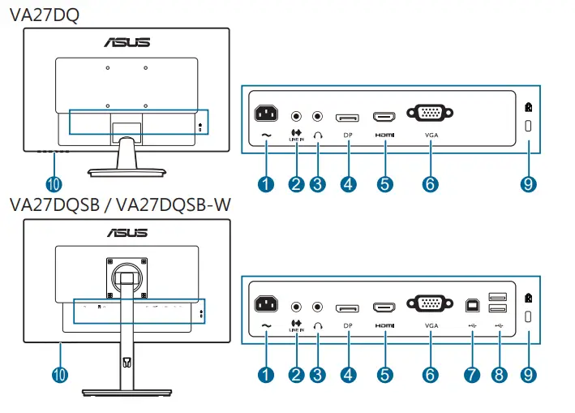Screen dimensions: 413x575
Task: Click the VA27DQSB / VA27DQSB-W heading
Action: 119,204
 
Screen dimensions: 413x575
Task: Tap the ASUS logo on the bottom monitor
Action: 127,232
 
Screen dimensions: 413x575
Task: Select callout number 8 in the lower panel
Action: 500,374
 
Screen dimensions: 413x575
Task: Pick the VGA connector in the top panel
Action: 430,116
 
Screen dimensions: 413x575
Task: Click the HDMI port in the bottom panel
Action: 384,308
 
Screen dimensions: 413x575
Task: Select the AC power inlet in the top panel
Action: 268,116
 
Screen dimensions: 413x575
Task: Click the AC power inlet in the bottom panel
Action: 268,306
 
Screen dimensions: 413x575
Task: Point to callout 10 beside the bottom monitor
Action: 59,374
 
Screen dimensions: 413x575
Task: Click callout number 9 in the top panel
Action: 529,184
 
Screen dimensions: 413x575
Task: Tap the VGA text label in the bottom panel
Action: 430,326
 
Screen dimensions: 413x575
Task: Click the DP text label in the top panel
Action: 349,136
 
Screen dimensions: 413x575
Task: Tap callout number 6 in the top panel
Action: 430,184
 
